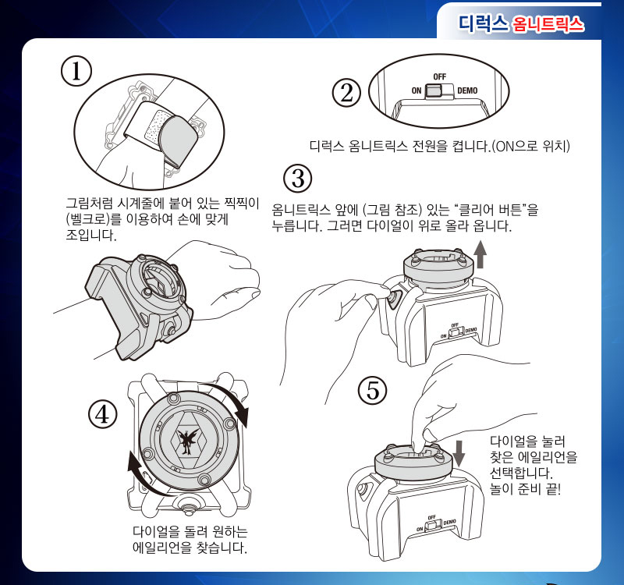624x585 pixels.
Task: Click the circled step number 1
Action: click(76, 70)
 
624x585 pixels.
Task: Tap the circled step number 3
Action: click(296, 179)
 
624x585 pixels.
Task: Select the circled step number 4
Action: click(102, 414)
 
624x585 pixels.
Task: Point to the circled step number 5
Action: click(373, 389)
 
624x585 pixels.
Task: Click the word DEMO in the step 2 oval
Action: click(467, 90)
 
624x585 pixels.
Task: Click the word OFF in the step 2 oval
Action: click(439, 77)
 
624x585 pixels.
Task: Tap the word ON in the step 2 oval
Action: click(417, 90)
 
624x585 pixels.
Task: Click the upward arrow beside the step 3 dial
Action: click(480, 254)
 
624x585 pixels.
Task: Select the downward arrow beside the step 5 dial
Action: click(459, 452)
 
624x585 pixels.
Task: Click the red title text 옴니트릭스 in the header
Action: click(548, 25)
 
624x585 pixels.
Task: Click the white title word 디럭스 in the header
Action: click(484, 24)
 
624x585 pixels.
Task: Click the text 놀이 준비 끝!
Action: click(526, 490)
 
